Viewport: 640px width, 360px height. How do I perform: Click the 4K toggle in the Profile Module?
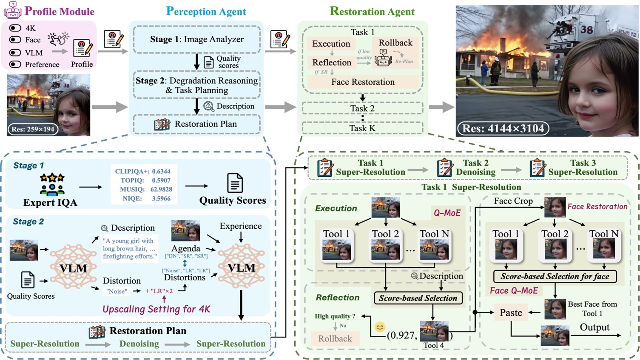(x=15, y=28)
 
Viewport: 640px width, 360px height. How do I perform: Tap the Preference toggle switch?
(x=15, y=64)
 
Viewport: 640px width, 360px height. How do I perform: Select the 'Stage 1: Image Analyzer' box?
(x=197, y=39)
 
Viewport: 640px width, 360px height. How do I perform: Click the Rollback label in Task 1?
(x=395, y=43)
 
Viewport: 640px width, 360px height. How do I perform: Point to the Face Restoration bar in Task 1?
(x=363, y=82)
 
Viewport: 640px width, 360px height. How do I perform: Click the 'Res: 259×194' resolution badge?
(x=33, y=129)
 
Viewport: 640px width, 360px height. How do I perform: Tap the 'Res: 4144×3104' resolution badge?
(x=503, y=129)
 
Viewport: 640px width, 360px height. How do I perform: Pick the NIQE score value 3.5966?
(x=161, y=199)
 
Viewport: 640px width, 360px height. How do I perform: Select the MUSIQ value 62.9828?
(x=161, y=190)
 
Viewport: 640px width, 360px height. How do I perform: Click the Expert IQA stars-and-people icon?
(x=52, y=184)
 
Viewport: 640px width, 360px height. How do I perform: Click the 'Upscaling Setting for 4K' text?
(x=156, y=309)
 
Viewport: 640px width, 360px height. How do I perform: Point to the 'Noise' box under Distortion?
(x=117, y=291)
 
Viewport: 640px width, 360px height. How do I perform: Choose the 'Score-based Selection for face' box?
(x=555, y=276)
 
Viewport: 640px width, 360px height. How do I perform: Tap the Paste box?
(x=511, y=313)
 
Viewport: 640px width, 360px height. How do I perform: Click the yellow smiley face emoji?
(x=380, y=327)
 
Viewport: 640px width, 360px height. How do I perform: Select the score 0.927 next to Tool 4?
(x=402, y=335)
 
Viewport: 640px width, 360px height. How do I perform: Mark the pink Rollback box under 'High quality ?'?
(x=335, y=339)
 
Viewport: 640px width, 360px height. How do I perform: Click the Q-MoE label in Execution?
(x=447, y=213)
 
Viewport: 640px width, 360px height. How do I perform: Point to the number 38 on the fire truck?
(x=587, y=30)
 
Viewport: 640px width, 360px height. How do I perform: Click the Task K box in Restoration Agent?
(x=362, y=128)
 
